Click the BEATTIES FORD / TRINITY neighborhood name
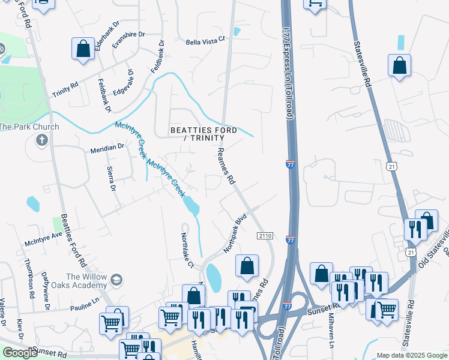pos(203,134)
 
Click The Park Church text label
pos(29,127)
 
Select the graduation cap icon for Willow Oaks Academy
pos(116,280)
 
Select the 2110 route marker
pos(265,236)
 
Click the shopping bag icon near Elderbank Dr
pos(83,49)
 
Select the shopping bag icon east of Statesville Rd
pos(399,65)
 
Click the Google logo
pos(20,353)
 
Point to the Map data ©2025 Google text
pos(411,355)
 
